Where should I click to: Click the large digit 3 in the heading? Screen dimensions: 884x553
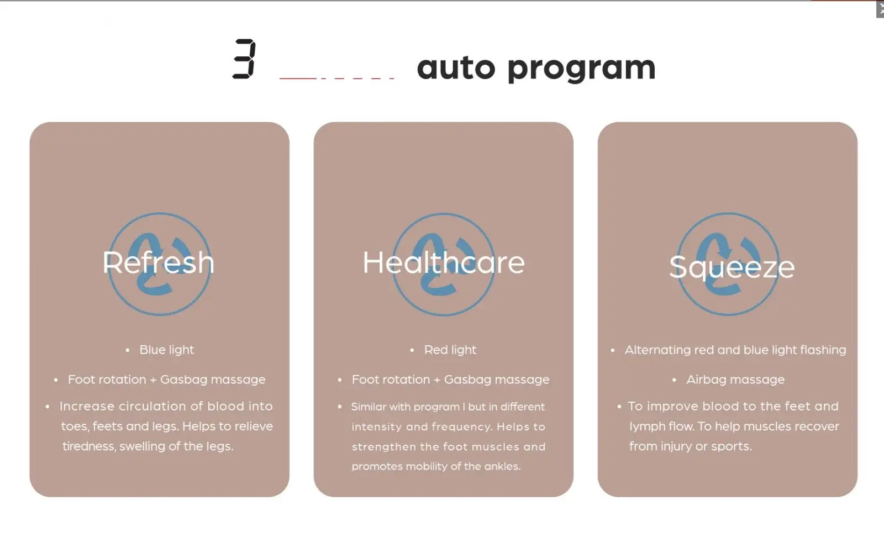pos(244,59)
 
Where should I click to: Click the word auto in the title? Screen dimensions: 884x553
pos(456,67)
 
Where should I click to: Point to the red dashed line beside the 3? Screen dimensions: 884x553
pos(336,78)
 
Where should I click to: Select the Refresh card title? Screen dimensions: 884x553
pos(158,262)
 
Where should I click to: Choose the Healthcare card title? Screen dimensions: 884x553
pos(444,262)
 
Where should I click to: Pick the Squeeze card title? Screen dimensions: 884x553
pos(732,267)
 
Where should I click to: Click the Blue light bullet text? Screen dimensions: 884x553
pos(166,350)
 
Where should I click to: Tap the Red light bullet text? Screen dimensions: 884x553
pos(450,350)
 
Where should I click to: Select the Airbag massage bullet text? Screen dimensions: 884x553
pos(735,380)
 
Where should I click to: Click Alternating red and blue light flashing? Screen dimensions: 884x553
pos(735,350)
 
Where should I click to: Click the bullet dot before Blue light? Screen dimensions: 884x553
pos(128,350)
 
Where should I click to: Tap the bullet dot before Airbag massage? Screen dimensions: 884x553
pos(675,380)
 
